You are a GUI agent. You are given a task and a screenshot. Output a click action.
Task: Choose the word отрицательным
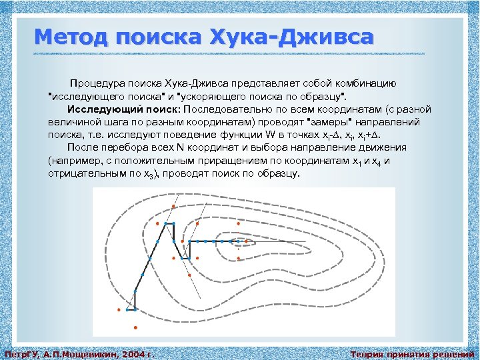(x=81, y=173)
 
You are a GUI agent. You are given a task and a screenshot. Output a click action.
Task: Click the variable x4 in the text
(x=377, y=161)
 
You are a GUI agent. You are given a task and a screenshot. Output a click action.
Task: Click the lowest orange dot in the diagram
(x=135, y=327)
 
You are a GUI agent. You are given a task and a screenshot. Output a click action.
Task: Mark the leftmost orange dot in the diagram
(x=119, y=310)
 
